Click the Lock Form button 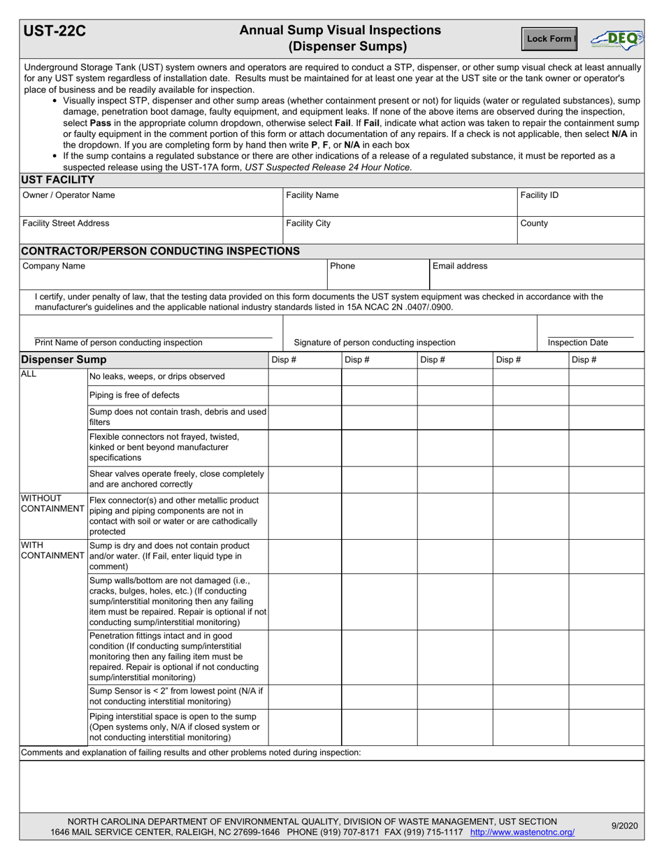549,39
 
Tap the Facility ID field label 539,196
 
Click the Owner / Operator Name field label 68,196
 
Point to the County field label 534,224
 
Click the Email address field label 460,266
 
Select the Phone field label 342,266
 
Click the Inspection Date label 577,343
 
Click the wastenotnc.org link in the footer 522,833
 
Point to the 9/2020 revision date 624,826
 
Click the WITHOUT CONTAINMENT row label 52,503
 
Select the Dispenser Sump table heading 64,360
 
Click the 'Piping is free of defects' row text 134,396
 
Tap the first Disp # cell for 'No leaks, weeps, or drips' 305,377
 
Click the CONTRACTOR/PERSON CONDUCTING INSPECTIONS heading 161,251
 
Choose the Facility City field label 308,224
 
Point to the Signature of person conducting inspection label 375,343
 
